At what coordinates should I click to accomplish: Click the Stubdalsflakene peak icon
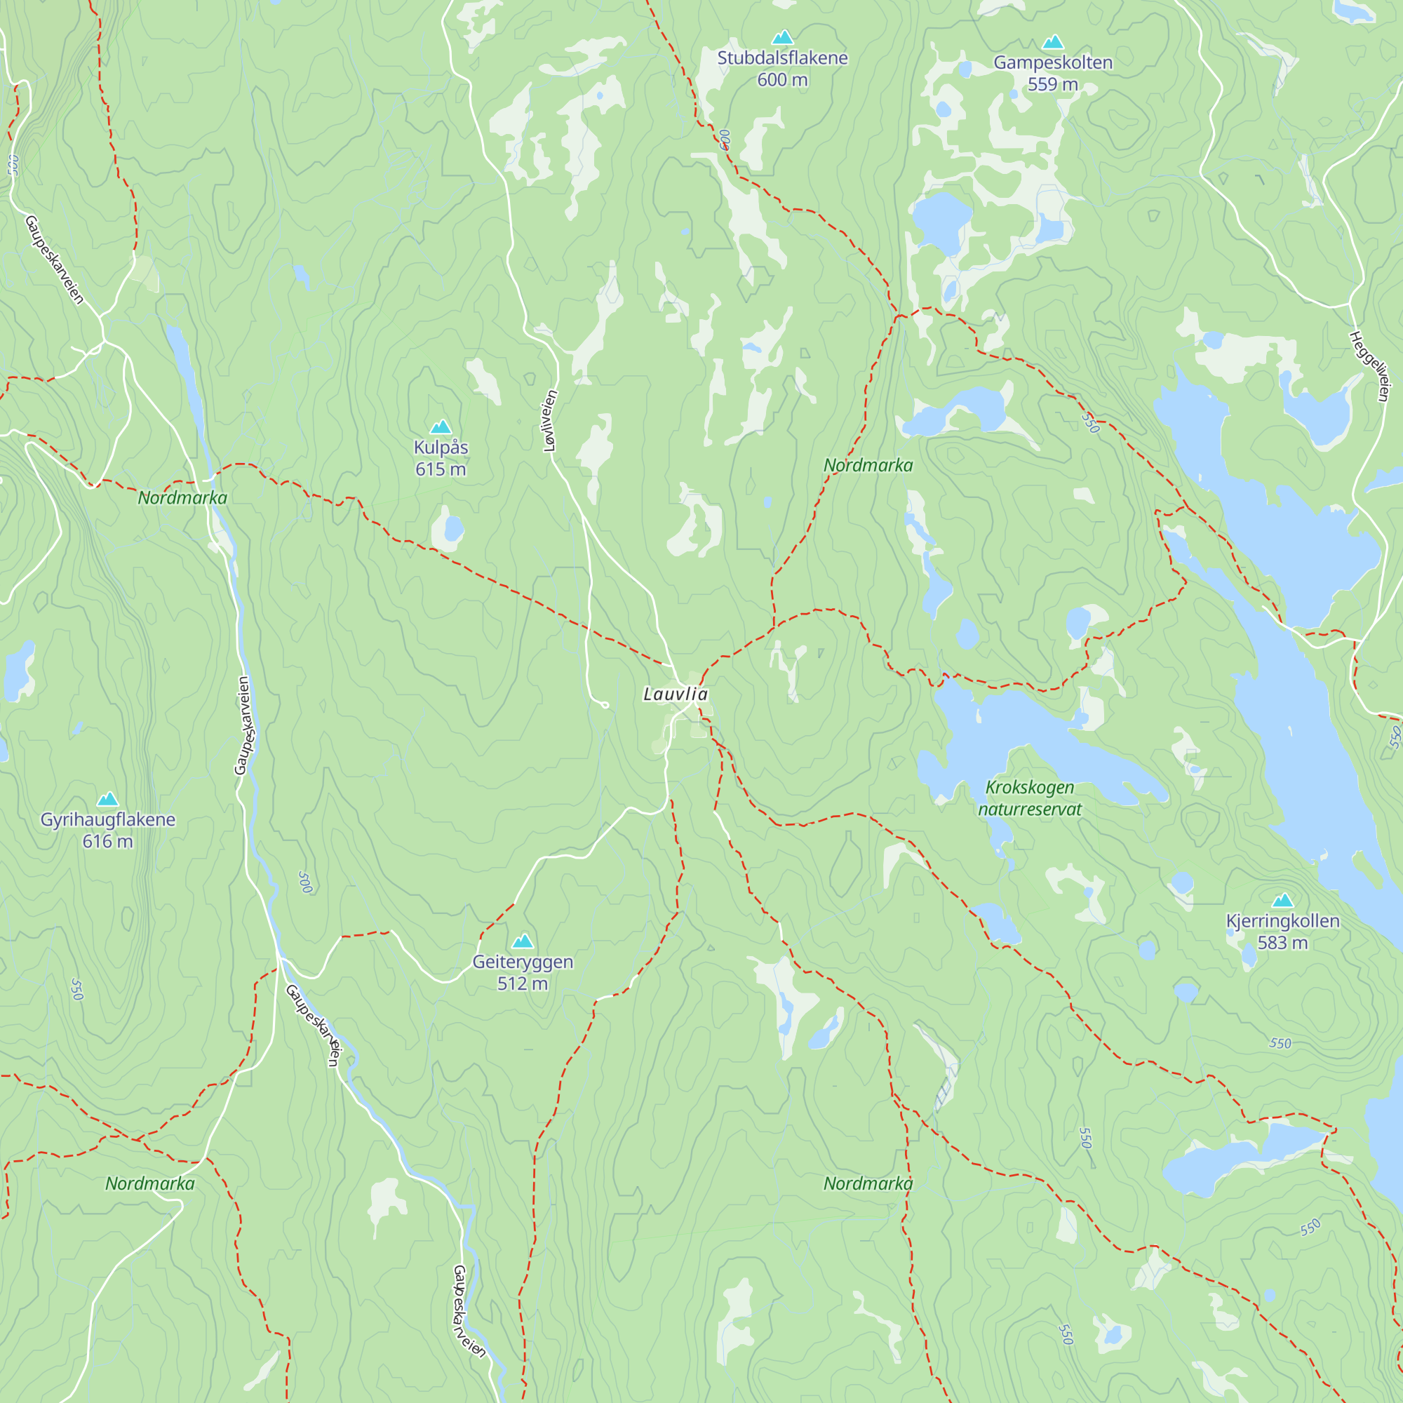pos(782,37)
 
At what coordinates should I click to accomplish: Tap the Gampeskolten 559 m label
pos(1052,74)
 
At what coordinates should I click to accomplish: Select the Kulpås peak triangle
pos(441,427)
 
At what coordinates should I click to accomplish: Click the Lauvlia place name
pos(676,694)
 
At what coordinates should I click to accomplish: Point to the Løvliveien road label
pos(551,420)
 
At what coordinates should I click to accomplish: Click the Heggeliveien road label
pos(1369,366)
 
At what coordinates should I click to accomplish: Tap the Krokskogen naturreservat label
pos(1029,798)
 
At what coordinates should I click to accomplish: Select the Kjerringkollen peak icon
pos(1282,901)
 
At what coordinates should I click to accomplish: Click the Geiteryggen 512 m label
pos(523,972)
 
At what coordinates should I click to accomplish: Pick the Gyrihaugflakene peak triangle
pos(107,800)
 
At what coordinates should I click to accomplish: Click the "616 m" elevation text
pos(107,842)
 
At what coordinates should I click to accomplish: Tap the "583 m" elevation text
pos(1282,944)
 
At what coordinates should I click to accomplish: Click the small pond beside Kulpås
pos(454,528)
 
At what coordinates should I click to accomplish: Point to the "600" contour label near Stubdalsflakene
pos(725,140)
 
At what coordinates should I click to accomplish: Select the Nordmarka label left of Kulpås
pos(182,498)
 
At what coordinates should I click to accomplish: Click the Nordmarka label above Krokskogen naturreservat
pos(868,466)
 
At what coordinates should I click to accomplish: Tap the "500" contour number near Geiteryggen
pos(306,882)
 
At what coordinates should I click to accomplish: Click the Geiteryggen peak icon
pos(523,942)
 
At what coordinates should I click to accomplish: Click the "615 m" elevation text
pos(441,470)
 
